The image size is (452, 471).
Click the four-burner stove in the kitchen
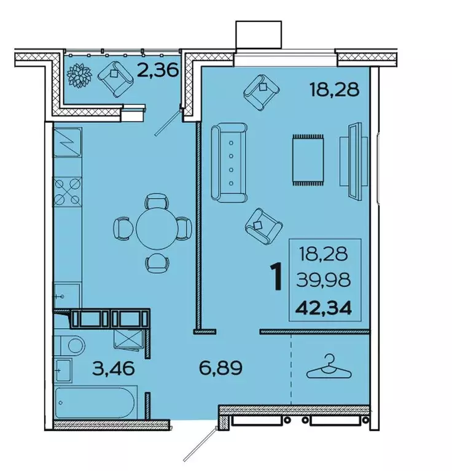coord(68,191)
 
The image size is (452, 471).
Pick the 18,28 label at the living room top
coord(333,90)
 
